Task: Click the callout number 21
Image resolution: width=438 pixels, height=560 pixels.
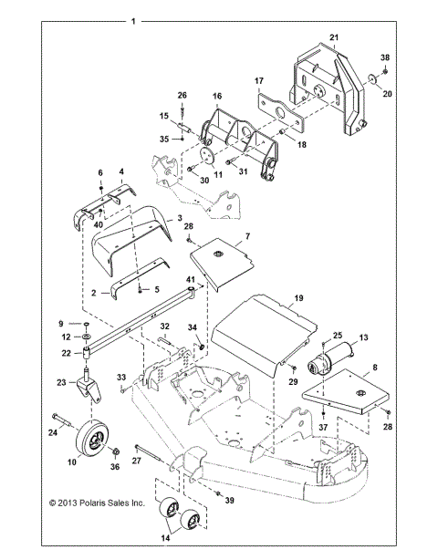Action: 334,37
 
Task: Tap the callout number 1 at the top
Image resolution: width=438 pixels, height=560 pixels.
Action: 134,20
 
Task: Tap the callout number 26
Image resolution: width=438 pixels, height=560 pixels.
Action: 181,96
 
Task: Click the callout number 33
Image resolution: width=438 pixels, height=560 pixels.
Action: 121,378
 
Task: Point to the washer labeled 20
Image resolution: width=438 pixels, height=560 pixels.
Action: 374,80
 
